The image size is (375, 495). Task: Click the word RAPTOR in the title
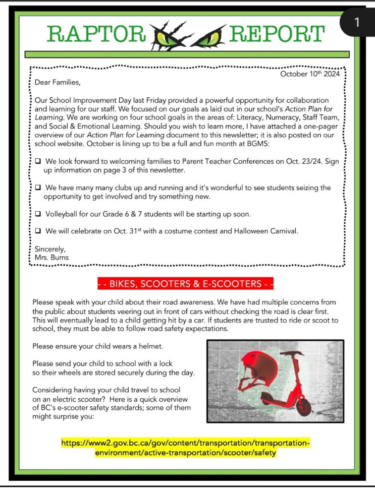95,34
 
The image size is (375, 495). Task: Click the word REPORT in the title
276,34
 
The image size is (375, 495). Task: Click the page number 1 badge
357,22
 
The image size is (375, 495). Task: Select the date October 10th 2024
309,74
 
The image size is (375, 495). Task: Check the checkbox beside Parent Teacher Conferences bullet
38,162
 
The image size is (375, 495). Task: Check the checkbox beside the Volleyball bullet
38,214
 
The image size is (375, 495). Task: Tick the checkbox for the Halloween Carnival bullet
38,231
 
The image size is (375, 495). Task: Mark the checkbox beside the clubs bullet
38,188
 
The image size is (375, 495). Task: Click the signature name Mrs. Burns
48,258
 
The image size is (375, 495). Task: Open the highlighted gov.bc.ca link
186,448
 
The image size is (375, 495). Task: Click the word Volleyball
62,214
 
